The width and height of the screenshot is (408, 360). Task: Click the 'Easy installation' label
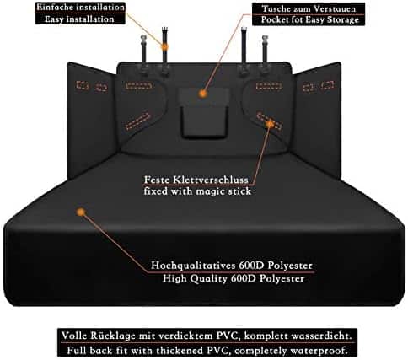(79, 19)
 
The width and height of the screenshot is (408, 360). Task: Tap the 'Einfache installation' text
(80, 8)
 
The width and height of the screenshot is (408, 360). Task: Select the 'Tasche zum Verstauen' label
(309, 8)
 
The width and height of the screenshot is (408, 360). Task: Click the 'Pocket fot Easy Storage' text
(310, 19)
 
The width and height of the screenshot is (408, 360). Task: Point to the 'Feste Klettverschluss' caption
(196, 180)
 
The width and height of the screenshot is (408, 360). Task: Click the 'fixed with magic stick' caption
(197, 191)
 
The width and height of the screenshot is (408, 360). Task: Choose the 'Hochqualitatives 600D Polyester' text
(232, 266)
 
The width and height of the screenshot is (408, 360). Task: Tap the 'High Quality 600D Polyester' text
(234, 278)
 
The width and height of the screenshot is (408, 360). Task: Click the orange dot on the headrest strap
(164, 47)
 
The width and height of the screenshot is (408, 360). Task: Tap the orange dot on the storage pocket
(202, 94)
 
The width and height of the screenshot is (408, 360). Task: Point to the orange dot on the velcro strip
(270, 124)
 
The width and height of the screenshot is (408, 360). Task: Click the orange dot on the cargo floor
(81, 212)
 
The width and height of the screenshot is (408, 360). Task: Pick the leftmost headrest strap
(144, 55)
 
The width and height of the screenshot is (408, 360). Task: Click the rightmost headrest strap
(265, 55)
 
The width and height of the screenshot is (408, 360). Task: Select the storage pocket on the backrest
(203, 112)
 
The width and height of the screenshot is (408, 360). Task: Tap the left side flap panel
(91, 120)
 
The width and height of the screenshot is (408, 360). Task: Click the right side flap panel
(318, 120)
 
